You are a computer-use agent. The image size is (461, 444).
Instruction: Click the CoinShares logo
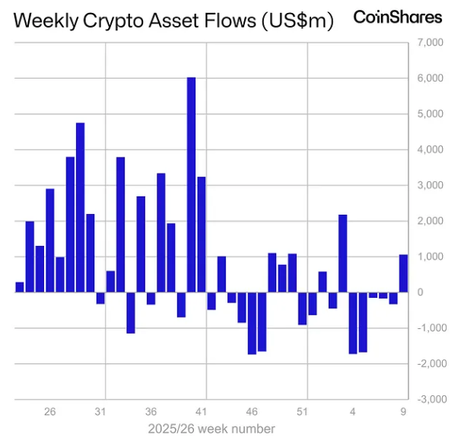coord(398,17)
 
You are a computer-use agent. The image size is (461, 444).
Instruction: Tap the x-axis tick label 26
coord(50,412)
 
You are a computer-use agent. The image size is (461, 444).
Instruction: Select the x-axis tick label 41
coord(202,412)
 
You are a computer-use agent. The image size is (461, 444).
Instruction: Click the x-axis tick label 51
coord(302,412)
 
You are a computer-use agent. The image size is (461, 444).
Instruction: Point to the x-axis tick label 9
coord(404,412)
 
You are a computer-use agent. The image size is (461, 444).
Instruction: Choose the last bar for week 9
coord(404,273)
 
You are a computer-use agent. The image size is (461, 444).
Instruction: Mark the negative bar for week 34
coord(131,312)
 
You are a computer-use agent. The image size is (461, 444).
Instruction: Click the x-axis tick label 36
coord(151,412)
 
